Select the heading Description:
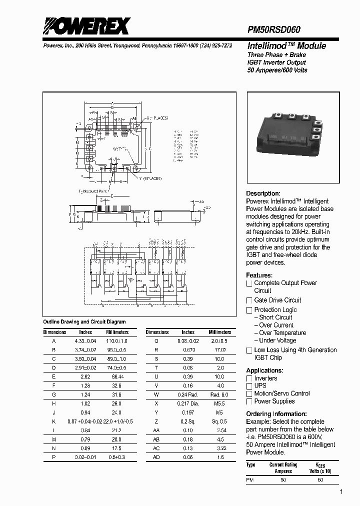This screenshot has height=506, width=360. click(x=263, y=193)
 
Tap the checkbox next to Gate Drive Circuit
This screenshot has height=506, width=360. click(x=249, y=300)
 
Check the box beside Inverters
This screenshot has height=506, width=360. click(x=249, y=378)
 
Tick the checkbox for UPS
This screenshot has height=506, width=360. click(x=249, y=386)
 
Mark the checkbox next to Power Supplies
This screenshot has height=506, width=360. click(x=249, y=401)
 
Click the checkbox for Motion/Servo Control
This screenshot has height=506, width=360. click(x=249, y=393)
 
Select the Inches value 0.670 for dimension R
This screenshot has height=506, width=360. click(x=188, y=350)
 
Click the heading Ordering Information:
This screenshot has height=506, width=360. click(x=276, y=414)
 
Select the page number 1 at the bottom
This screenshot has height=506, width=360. click(x=341, y=492)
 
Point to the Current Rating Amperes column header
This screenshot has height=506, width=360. click(x=283, y=467)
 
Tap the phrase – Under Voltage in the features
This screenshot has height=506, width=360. click(x=277, y=340)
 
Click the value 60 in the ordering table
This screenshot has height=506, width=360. click(x=320, y=479)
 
